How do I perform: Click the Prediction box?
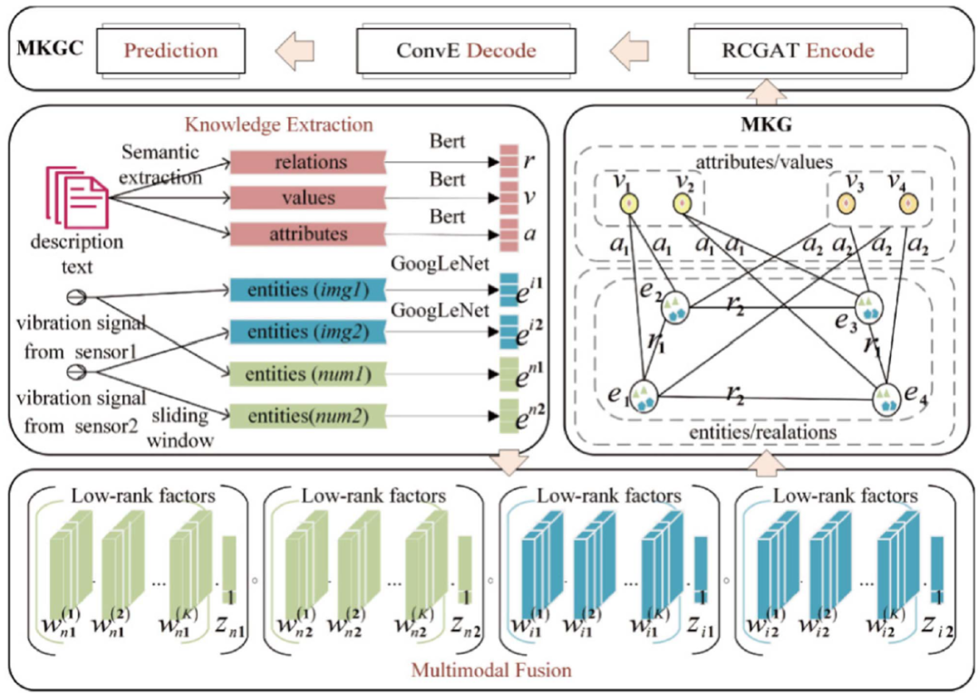coord(172,50)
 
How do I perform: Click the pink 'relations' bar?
coord(306,162)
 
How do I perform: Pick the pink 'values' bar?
coord(306,197)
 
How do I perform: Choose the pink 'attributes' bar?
coord(306,234)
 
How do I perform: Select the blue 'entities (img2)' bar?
coord(306,332)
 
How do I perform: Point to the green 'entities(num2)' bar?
coord(306,417)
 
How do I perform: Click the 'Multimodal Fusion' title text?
coord(489,670)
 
